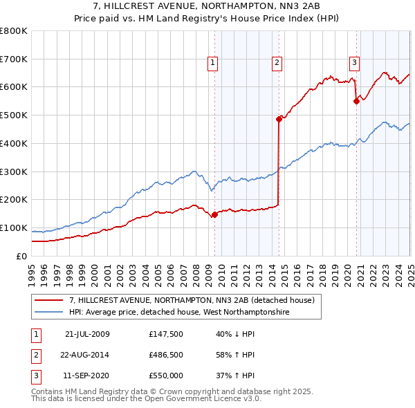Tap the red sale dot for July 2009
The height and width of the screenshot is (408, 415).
tap(214, 214)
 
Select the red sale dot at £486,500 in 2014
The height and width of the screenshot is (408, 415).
tap(279, 119)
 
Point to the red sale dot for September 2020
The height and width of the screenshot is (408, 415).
tap(356, 101)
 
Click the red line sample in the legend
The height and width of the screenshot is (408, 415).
tap(49, 300)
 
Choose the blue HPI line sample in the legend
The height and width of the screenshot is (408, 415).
tap(49, 313)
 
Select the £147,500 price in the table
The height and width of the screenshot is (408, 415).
tap(166, 334)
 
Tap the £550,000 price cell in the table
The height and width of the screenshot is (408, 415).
tap(166, 375)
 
